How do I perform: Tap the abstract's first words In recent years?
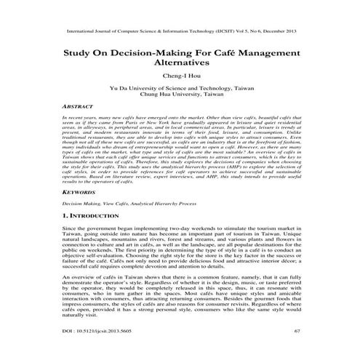(x=79, y=116)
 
